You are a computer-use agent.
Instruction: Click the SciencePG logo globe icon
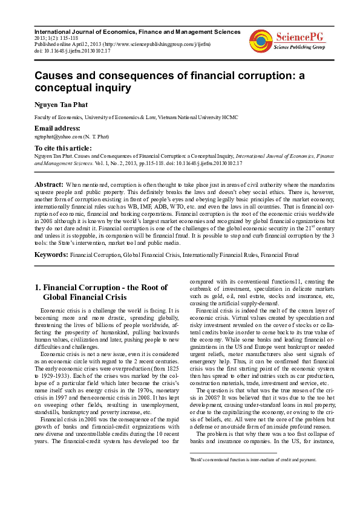[x=261, y=41]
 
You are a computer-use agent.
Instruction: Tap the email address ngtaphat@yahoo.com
[x=59, y=137]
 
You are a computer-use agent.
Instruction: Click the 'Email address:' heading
[x=57, y=128]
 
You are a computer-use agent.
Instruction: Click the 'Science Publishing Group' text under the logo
[x=299, y=47]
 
